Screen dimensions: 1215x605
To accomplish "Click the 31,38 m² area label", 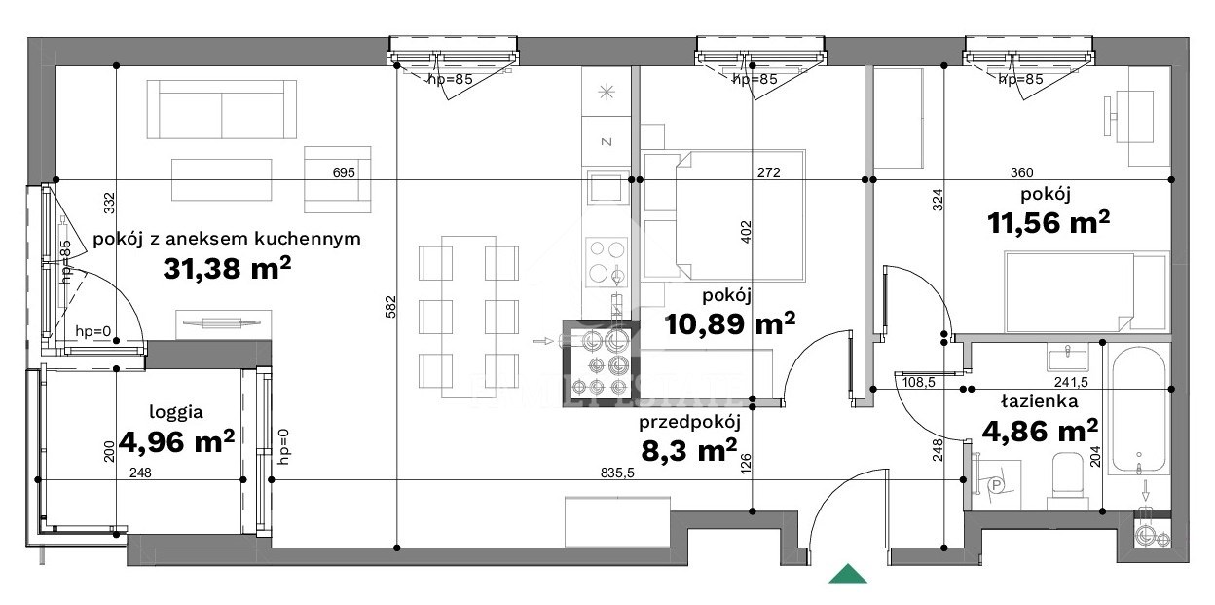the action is pyautogui.click(x=227, y=268).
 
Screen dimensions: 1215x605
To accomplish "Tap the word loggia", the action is pyautogui.click(x=176, y=412).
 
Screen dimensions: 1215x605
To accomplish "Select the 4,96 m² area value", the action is pyautogui.click(x=176, y=441).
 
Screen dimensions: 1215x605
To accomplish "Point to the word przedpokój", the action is pyautogui.click(x=689, y=422).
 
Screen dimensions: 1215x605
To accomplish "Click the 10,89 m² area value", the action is pyautogui.click(x=729, y=323).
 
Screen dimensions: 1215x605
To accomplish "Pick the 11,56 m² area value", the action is pyautogui.click(x=1049, y=222).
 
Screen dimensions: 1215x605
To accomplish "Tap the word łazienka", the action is pyautogui.click(x=1039, y=401).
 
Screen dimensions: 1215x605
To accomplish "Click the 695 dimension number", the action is pyautogui.click(x=344, y=172).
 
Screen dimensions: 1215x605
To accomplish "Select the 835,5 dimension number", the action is pyautogui.click(x=617, y=473).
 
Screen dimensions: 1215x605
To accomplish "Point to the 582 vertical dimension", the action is pyautogui.click(x=390, y=307).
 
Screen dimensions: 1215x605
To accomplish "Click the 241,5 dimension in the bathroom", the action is pyautogui.click(x=1071, y=382).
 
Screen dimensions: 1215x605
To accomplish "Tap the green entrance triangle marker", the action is pyautogui.click(x=848, y=574).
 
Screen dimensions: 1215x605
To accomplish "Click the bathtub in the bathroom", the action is pyautogui.click(x=1138, y=410).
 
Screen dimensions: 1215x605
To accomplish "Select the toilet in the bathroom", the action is pyautogui.click(x=1067, y=480).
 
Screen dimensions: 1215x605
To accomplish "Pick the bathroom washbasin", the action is pyautogui.click(x=1067, y=359).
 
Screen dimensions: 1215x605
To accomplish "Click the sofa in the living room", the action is pyautogui.click(x=222, y=110).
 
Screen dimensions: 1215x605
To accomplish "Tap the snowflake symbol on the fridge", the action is pyautogui.click(x=607, y=92).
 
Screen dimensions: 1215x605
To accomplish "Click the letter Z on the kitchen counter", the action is pyautogui.click(x=607, y=141).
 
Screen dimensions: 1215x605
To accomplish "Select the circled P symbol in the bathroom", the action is pyautogui.click(x=996, y=485).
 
